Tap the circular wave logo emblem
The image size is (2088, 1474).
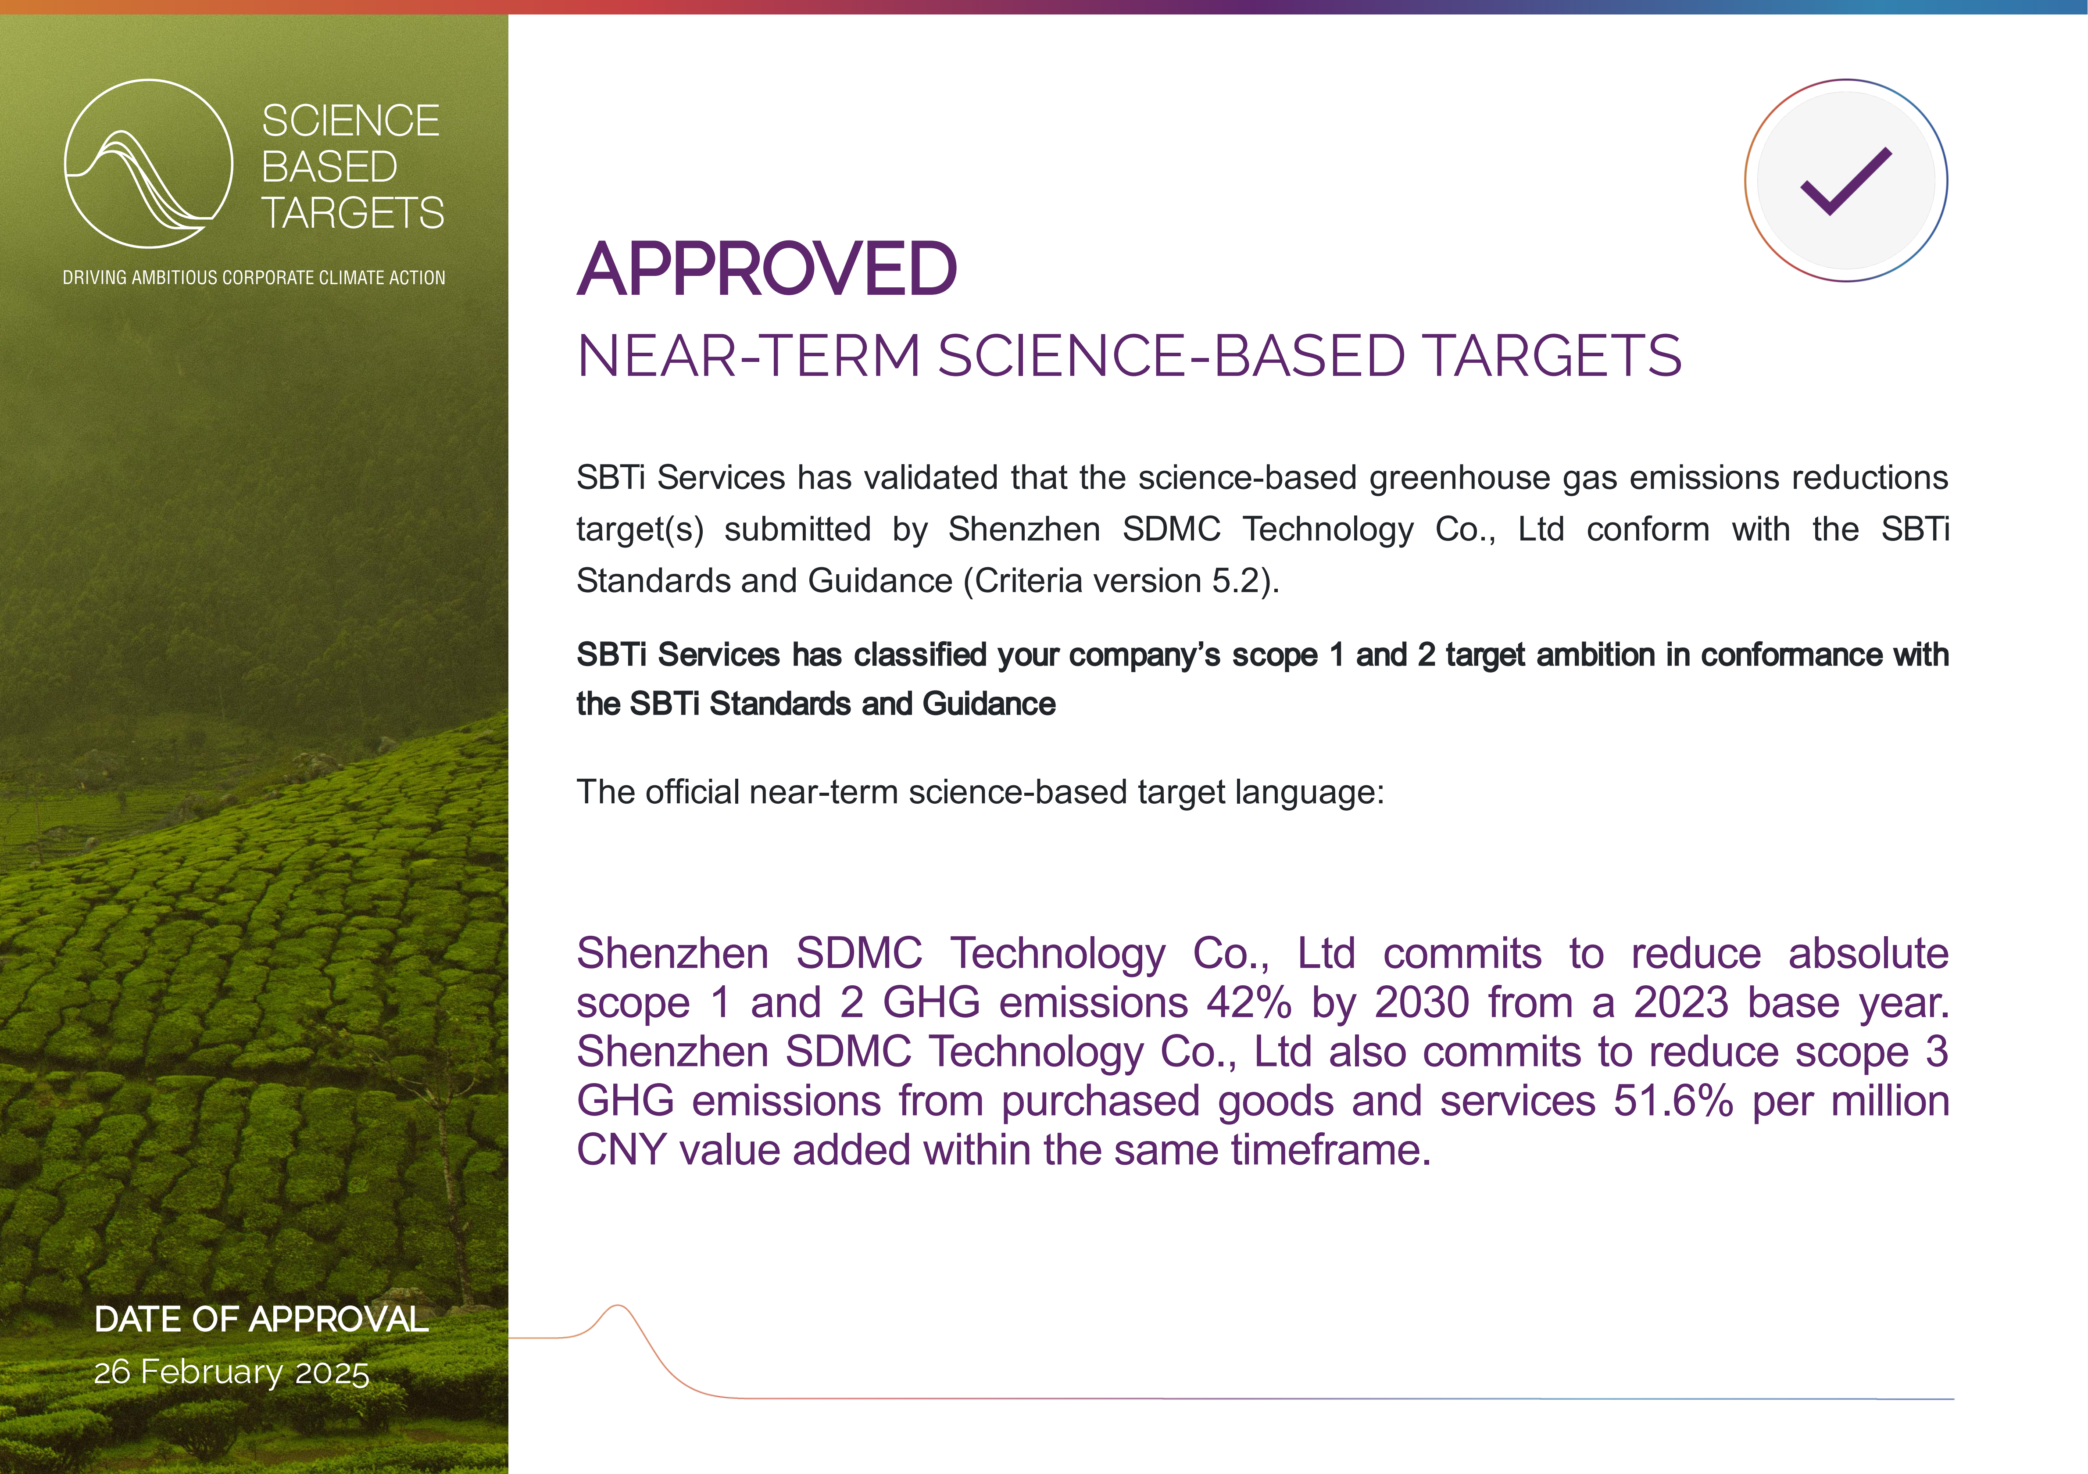(x=148, y=164)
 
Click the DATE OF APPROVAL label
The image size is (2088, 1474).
(x=261, y=1320)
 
